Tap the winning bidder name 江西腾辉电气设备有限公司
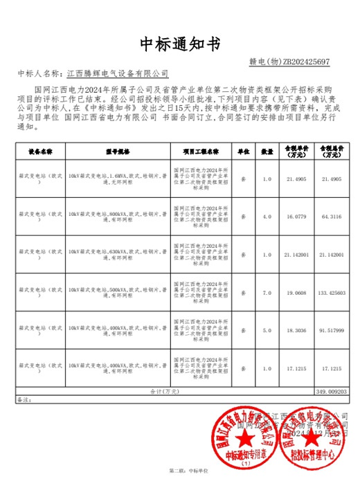(x=117, y=73)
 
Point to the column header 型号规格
(x=118, y=151)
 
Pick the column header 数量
(x=267, y=151)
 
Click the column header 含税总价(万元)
(x=332, y=151)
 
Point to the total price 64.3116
(x=332, y=217)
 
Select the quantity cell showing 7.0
(x=267, y=293)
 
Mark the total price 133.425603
(x=332, y=293)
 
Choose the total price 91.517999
(x=332, y=331)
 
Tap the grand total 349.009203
(x=332, y=391)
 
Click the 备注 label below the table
(x=24, y=399)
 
